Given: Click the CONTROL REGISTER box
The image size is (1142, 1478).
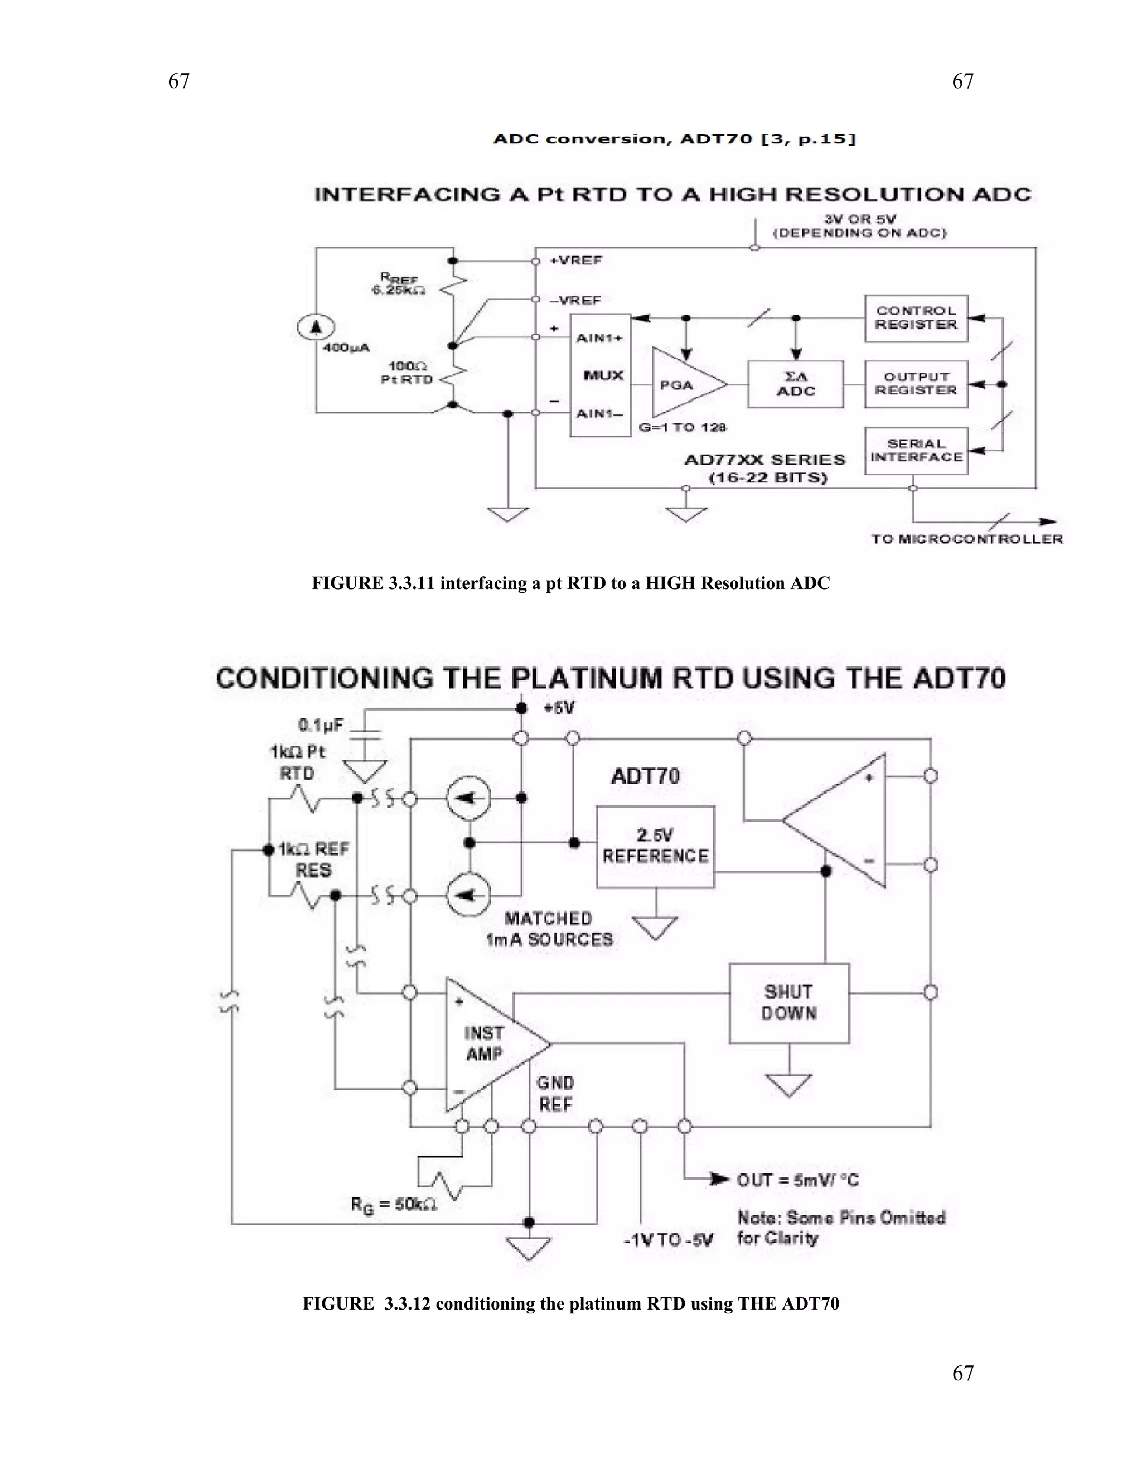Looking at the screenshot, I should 916,318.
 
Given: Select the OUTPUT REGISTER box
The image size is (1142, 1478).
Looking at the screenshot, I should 916,384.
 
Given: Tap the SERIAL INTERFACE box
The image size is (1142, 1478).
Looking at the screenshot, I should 916,451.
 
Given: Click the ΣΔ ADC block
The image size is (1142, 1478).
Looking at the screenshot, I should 796,384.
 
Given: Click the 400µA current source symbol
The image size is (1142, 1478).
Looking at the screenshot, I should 315,327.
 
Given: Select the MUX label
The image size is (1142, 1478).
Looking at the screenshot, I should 603,375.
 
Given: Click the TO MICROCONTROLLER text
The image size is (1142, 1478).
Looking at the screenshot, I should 967,539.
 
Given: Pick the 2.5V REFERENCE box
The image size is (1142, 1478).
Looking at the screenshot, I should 655,847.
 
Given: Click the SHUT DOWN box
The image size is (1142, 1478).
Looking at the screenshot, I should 789,1003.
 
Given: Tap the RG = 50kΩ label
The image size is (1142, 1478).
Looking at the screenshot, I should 393,1205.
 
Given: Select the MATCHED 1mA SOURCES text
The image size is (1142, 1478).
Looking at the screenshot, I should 549,929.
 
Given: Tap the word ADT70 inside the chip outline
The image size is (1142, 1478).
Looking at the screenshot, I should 645,776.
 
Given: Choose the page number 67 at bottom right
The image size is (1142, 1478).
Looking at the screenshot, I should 962,1373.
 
